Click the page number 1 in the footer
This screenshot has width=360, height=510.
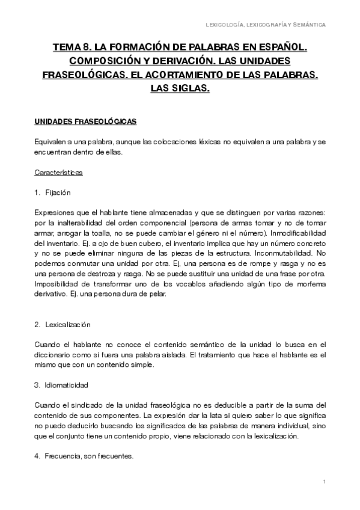tap(324, 482)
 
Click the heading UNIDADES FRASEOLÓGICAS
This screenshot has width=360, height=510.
tap(86, 122)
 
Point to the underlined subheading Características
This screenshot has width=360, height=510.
tap(59, 173)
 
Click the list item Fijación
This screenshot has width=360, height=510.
tap(58, 194)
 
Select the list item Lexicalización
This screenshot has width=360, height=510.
tap(67, 324)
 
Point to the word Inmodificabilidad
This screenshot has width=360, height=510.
tap(295, 233)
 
